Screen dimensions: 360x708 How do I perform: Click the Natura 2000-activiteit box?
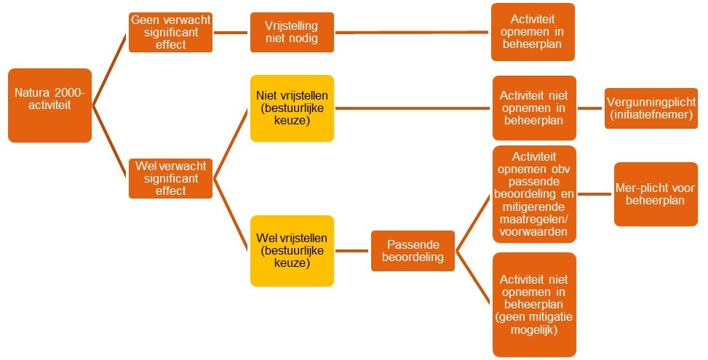(x=49, y=105)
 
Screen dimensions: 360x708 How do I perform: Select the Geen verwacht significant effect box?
(x=170, y=33)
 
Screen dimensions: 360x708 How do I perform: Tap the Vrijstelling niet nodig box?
(x=292, y=33)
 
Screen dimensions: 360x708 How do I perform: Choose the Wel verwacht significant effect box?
(x=170, y=178)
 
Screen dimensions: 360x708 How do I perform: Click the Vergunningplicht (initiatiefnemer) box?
(x=651, y=108)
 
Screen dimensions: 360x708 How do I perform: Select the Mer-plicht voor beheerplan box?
(x=656, y=194)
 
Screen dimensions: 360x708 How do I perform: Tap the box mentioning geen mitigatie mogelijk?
(x=534, y=304)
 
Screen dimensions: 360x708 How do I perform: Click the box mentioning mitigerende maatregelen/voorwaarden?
(x=534, y=193)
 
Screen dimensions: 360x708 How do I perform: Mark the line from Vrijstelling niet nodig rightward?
(x=412, y=33)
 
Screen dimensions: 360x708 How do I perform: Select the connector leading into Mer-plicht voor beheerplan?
(x=595, y=194)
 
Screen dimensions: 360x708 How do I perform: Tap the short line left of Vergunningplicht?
(x=590, y=108)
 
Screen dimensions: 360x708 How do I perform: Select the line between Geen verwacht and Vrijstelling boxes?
(x=231, y=33)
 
